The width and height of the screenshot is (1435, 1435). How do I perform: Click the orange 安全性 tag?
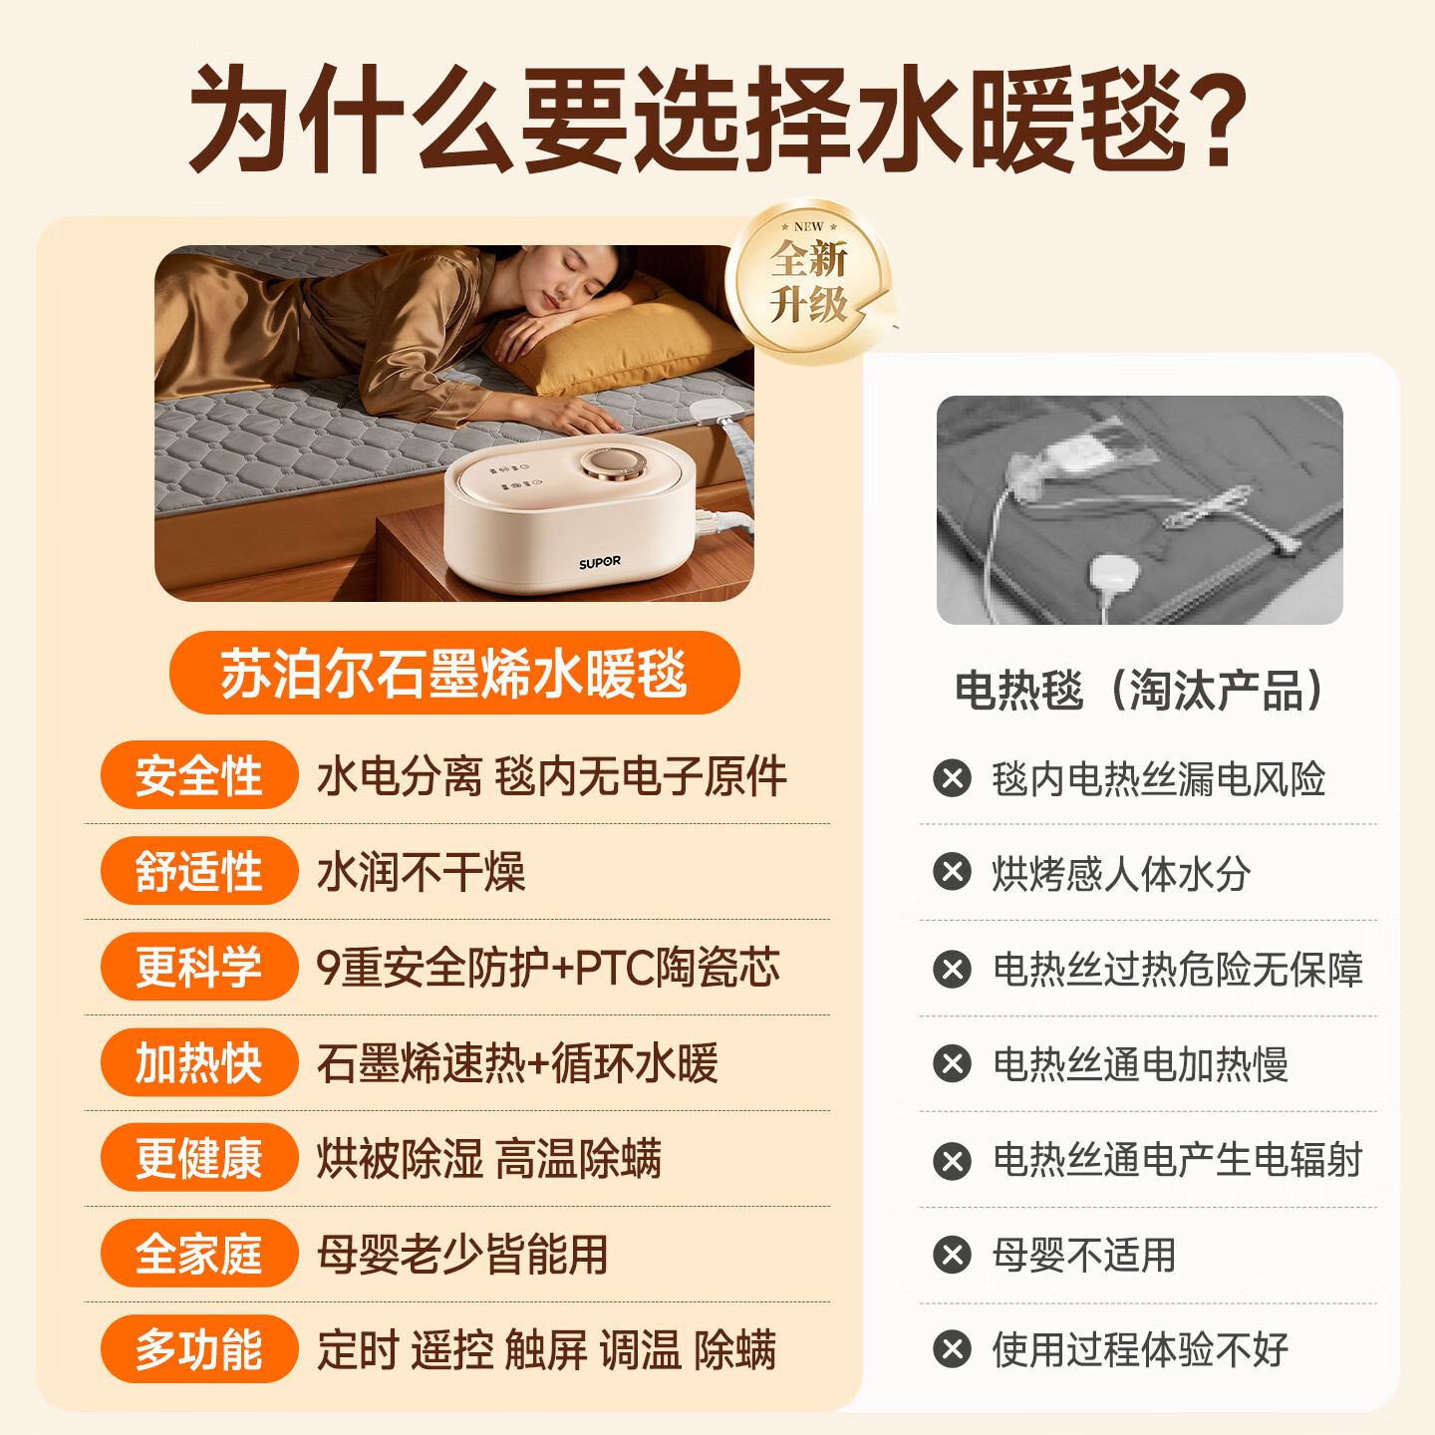(x=199, y=775)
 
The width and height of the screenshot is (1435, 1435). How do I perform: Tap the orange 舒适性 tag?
(x=199, y=871)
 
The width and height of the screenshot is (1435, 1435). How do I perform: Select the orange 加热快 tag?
(x=199, y=1062)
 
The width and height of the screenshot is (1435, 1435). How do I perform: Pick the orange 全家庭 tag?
(x=199, y=1254)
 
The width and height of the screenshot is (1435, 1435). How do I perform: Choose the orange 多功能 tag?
(x=199, y=1349)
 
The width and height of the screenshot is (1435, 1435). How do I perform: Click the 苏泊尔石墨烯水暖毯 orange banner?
(x=454, y=673)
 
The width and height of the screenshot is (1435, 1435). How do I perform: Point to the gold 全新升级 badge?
(x=808, y=281)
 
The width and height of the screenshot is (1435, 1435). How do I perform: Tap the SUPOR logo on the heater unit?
(x=600, y=563)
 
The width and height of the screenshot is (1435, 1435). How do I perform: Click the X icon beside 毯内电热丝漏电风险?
(x=952, y=778)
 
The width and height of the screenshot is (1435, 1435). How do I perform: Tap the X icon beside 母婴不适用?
(x=952, y=1255)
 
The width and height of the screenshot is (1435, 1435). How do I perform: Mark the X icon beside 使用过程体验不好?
(x=952, y=1349)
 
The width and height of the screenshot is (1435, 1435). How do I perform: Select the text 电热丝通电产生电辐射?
(x=1177, y=1160)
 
